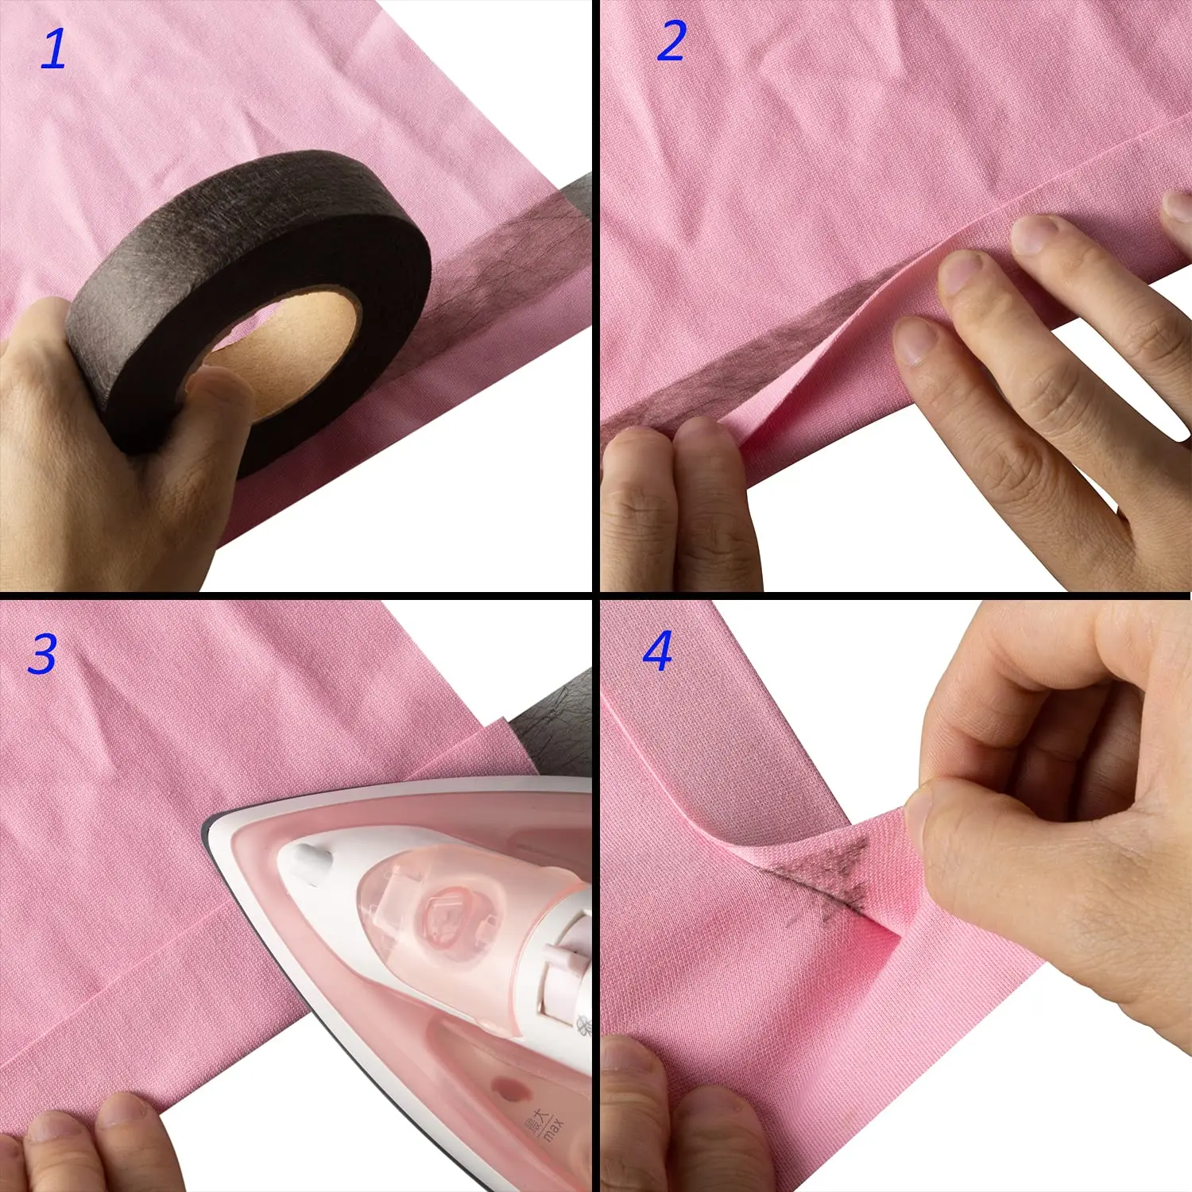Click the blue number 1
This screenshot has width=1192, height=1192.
[x=54, y=48]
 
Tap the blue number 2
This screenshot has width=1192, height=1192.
[x=671, y=41]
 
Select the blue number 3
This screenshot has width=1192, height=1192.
[x=43, y=654]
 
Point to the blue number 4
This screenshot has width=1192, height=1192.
[x=658, y=651]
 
